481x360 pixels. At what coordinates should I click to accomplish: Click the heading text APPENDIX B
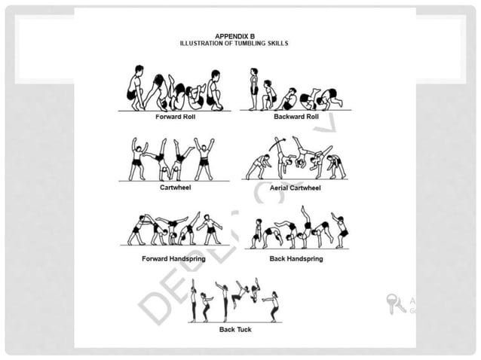click(x=234, y=36)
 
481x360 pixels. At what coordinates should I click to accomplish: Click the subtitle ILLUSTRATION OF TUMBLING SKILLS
click(x=234, y=44)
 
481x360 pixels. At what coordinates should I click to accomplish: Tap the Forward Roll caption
click(x=176, y=117)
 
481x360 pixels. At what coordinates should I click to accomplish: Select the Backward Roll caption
click(x=295, y=117)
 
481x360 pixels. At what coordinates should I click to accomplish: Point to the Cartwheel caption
click(x=174, y=188)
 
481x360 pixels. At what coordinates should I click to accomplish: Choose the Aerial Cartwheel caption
click(x=295, y=188)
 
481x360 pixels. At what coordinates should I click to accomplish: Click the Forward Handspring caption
click(x=173, y=258)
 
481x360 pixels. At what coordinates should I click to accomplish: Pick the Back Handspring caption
click(x=296, y=258)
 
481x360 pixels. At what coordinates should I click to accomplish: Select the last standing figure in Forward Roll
click(x=215, y=90)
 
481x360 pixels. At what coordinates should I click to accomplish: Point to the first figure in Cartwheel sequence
click(x=137, y=159)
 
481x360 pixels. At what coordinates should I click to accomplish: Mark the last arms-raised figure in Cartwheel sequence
click(x=204, y=159)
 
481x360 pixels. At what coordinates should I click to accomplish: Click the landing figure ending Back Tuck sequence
click(x=273, y=307)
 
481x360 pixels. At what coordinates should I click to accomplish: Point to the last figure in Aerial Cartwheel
click(x=335, y=166)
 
